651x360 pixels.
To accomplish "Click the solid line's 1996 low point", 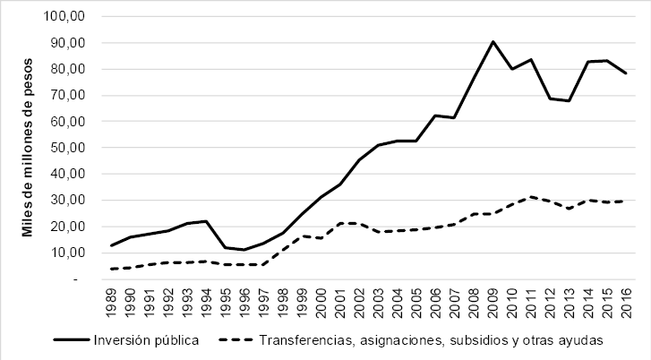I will click(244, 250).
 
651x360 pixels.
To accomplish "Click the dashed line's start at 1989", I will click(111, 269).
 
